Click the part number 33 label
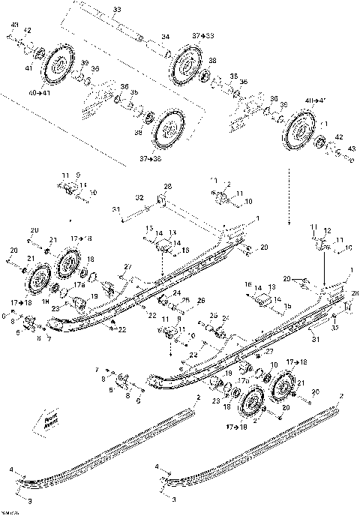pyautogui.click(x=115, y=10)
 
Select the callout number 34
pyautogui.click(x=166, y=36)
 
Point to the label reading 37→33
pyautogui.click(x=203, y=35)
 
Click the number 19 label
pyautogui.click(x=94, y=297)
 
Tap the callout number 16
pyautogui.click(x=248, y=286)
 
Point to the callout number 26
pyautogui.click(x=199, y=301)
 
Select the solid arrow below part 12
pyautogui.click(x=323, y=266)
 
